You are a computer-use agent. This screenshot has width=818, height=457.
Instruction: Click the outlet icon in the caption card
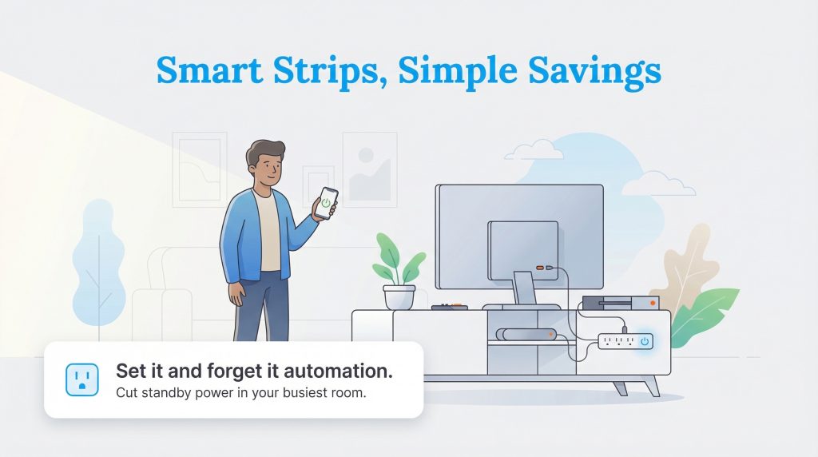81,380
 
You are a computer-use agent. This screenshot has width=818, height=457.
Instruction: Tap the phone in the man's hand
326,203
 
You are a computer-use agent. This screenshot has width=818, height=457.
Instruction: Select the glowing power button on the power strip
645,342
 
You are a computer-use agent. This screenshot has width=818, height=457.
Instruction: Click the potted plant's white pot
399,296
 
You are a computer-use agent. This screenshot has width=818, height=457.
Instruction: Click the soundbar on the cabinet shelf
526,334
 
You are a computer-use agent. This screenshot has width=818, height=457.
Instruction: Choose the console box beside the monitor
620,304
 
